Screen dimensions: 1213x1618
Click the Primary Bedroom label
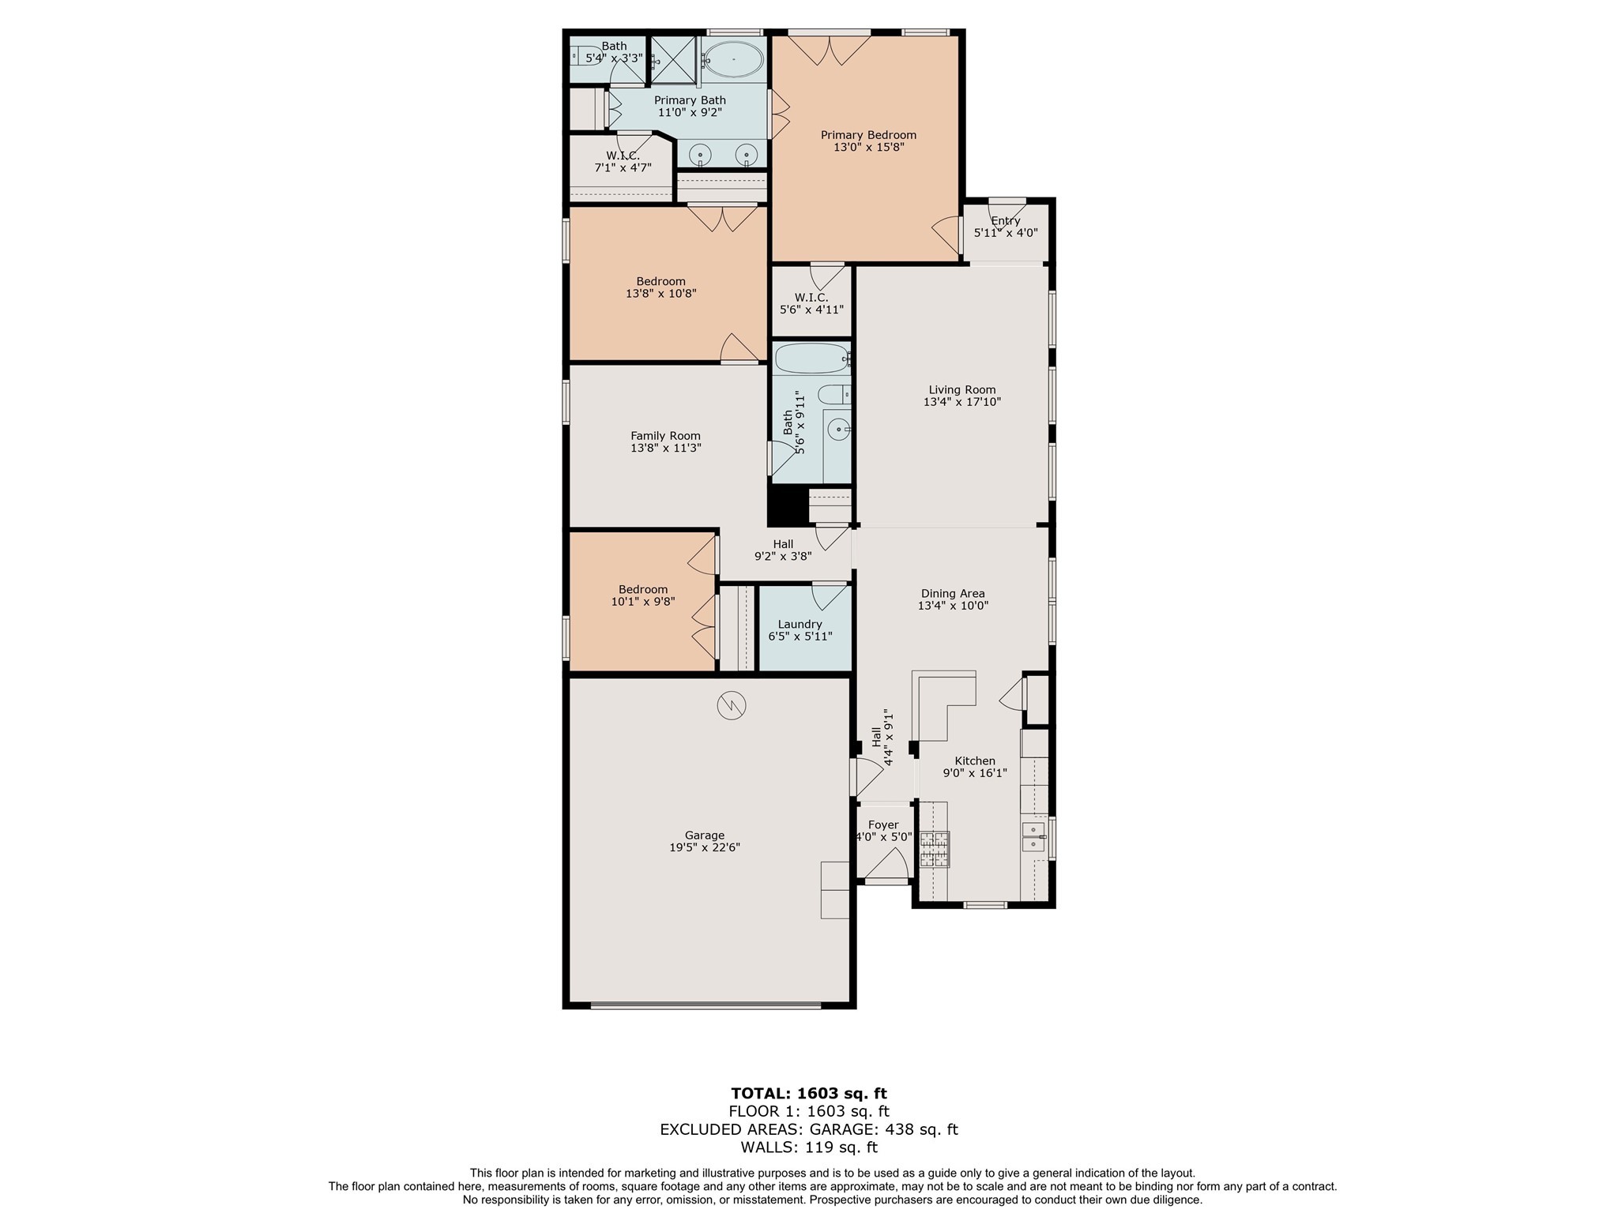coord(868,135)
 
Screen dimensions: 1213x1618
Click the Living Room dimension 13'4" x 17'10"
coord(961,402)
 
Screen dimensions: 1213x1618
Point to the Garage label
coord(704,836)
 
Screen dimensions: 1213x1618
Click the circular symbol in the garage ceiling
coord(731,705)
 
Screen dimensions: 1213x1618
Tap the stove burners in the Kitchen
coord(934,850)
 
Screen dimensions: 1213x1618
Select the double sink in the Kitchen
coord(1033,837)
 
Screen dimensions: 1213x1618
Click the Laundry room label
coord(800,624)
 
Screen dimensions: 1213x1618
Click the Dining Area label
coord(953,594)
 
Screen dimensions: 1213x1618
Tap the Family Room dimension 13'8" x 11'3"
coord(665,448)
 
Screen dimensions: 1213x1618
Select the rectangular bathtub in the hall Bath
coord(811,359)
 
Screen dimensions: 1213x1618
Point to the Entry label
coord(1005,221)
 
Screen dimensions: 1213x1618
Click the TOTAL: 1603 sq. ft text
coord(808,1094)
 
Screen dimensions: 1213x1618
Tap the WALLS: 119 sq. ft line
coord(808,1147)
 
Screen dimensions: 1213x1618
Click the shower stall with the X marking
coord(672,59)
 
